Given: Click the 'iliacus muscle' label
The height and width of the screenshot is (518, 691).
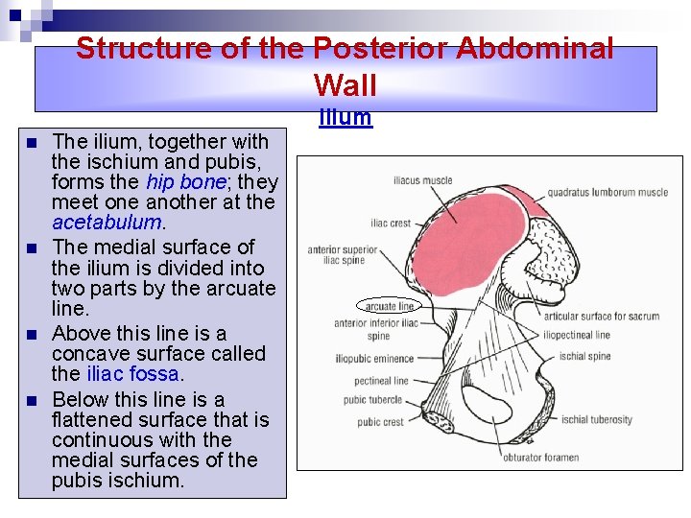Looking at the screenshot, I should pyautogui.click(x=423, y=181).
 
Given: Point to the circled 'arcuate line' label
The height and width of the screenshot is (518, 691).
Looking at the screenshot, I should pyautogui.click(x=390, y=306).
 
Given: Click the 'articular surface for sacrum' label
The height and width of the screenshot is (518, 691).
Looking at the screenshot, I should pyautogui.click(x=602, y=317).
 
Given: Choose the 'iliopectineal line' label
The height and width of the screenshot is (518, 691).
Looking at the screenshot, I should pyautogui.click(x=576, y=336).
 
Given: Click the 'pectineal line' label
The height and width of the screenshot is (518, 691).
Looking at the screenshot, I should pyautogui.click(x=381, y=381).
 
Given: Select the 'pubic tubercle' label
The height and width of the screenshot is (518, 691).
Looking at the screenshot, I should pyautogui.click(x=373, y=400).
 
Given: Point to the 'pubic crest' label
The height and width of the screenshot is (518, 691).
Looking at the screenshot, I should pyautogui.click(x=380, y=422).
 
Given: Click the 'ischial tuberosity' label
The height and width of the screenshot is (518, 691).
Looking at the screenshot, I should pyautogui.click(x=596, y=419).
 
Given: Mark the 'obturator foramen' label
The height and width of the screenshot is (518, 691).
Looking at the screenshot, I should pyautogui.click(x=541, y=457).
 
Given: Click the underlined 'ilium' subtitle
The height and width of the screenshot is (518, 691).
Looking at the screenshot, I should pyautogui.click(x=345, y=118).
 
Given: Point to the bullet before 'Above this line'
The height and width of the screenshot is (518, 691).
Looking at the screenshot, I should pyautogui.click(x=32, y=335).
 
